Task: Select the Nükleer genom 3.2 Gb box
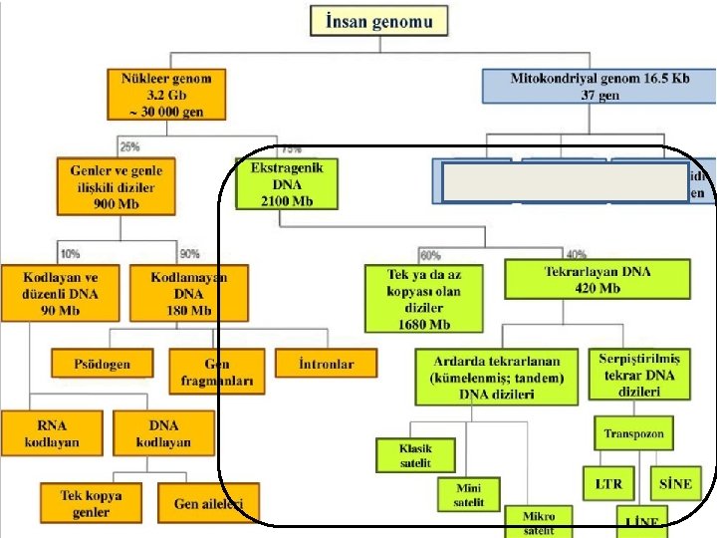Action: tap(166, 94)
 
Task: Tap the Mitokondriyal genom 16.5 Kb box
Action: tap(598, 85)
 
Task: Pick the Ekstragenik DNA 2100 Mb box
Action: tap(287, 183)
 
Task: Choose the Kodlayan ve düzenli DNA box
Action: tap(61, 293)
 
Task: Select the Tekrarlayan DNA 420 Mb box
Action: tap(597, 279)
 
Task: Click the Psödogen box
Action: tap(102, 364)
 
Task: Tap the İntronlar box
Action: tap(327, 364)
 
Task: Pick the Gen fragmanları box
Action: tap(216, 372)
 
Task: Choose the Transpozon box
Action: tap(633, 433)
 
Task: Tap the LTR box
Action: tap(608, 484)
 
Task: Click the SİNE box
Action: tap(675, 484)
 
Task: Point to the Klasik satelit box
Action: tap(416, 455)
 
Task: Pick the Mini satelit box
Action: tap(470, 494)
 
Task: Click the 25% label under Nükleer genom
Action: tap(129, 147)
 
